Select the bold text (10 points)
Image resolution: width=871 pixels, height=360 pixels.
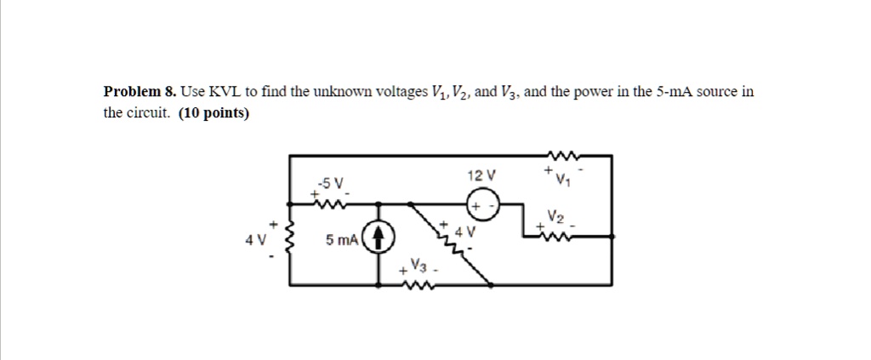[214, 112]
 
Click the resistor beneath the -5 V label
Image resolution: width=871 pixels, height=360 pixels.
[327, 203]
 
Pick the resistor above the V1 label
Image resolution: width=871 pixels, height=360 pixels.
[562, 156]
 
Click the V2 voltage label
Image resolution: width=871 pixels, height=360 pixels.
[555, 217]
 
